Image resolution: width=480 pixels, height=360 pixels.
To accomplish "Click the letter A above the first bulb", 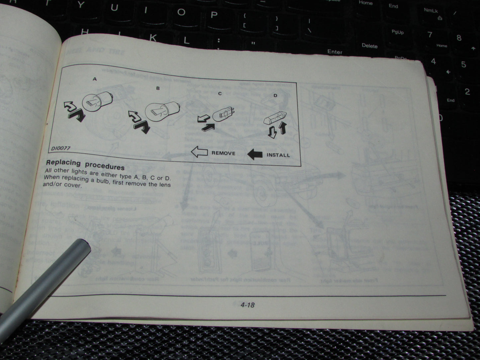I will coord(95,79).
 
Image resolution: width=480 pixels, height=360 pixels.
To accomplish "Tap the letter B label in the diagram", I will coord(158,88).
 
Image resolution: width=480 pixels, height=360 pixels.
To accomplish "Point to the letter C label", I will coord(220,94).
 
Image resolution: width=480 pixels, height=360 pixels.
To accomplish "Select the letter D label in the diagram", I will coord(275,96).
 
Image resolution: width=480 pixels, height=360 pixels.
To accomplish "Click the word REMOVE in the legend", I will coord(223,153).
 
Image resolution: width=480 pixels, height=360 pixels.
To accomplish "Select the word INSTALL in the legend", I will coord(278,155).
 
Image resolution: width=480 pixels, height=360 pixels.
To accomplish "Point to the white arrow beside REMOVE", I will coord(199,152).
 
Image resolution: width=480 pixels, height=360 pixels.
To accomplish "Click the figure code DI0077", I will coord(61,148).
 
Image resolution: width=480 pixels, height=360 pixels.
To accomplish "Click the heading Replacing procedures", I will coord(85,164).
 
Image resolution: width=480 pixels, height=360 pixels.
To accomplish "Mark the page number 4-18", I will coord(248,305).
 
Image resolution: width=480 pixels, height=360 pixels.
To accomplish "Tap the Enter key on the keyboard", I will coord(335,52).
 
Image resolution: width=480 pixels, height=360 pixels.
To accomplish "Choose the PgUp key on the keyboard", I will coord(397,32).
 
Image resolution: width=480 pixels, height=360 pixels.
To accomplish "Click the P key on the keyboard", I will coord(214,15).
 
